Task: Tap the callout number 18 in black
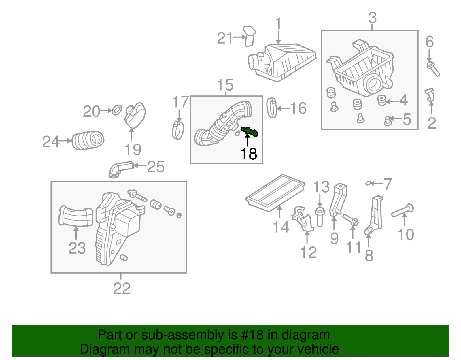coord(249,154)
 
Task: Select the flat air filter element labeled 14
coord(275,192)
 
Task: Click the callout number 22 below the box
coord(122,289)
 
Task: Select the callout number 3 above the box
coord(372,18)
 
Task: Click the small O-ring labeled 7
coord(368,183)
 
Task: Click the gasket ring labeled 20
coord(117,110)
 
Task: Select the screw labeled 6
coord(433,68)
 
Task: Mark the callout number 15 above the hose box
coord(225,85)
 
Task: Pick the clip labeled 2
coord(430,95)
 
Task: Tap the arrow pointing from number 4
coord(392,101)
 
